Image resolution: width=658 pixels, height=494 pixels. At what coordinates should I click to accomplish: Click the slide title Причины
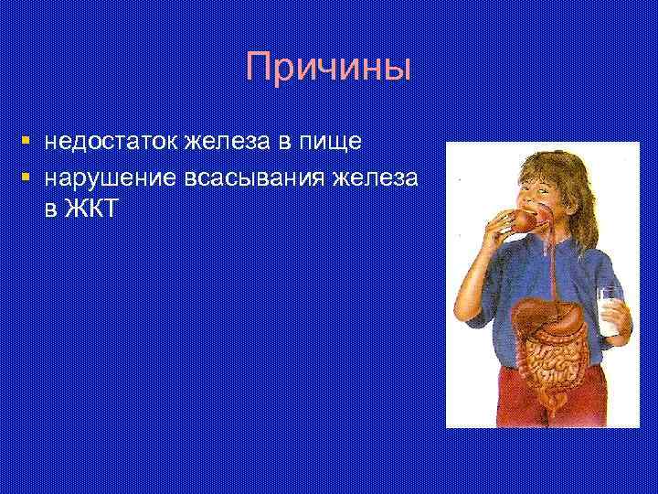329,69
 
